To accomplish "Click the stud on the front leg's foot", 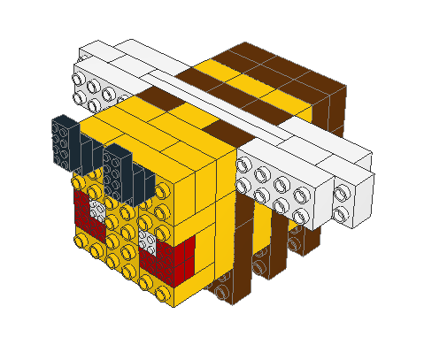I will point(220,289).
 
